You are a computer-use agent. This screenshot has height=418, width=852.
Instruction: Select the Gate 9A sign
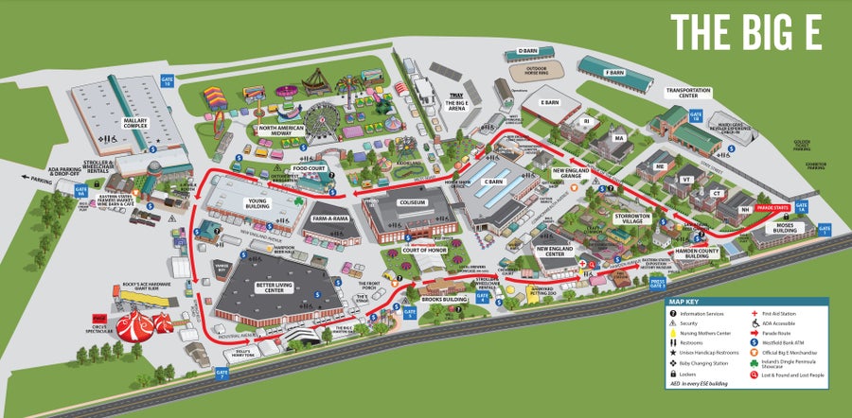pyautogui.click(x=80, y=189)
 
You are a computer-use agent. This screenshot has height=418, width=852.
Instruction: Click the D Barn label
pyautogui.click(x=527, y=52)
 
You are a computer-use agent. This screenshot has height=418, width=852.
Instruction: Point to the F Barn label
pyautogui.click(x=615, y=72)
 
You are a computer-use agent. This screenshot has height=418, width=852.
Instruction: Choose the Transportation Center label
pyautogui.click(x=689, y=92)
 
